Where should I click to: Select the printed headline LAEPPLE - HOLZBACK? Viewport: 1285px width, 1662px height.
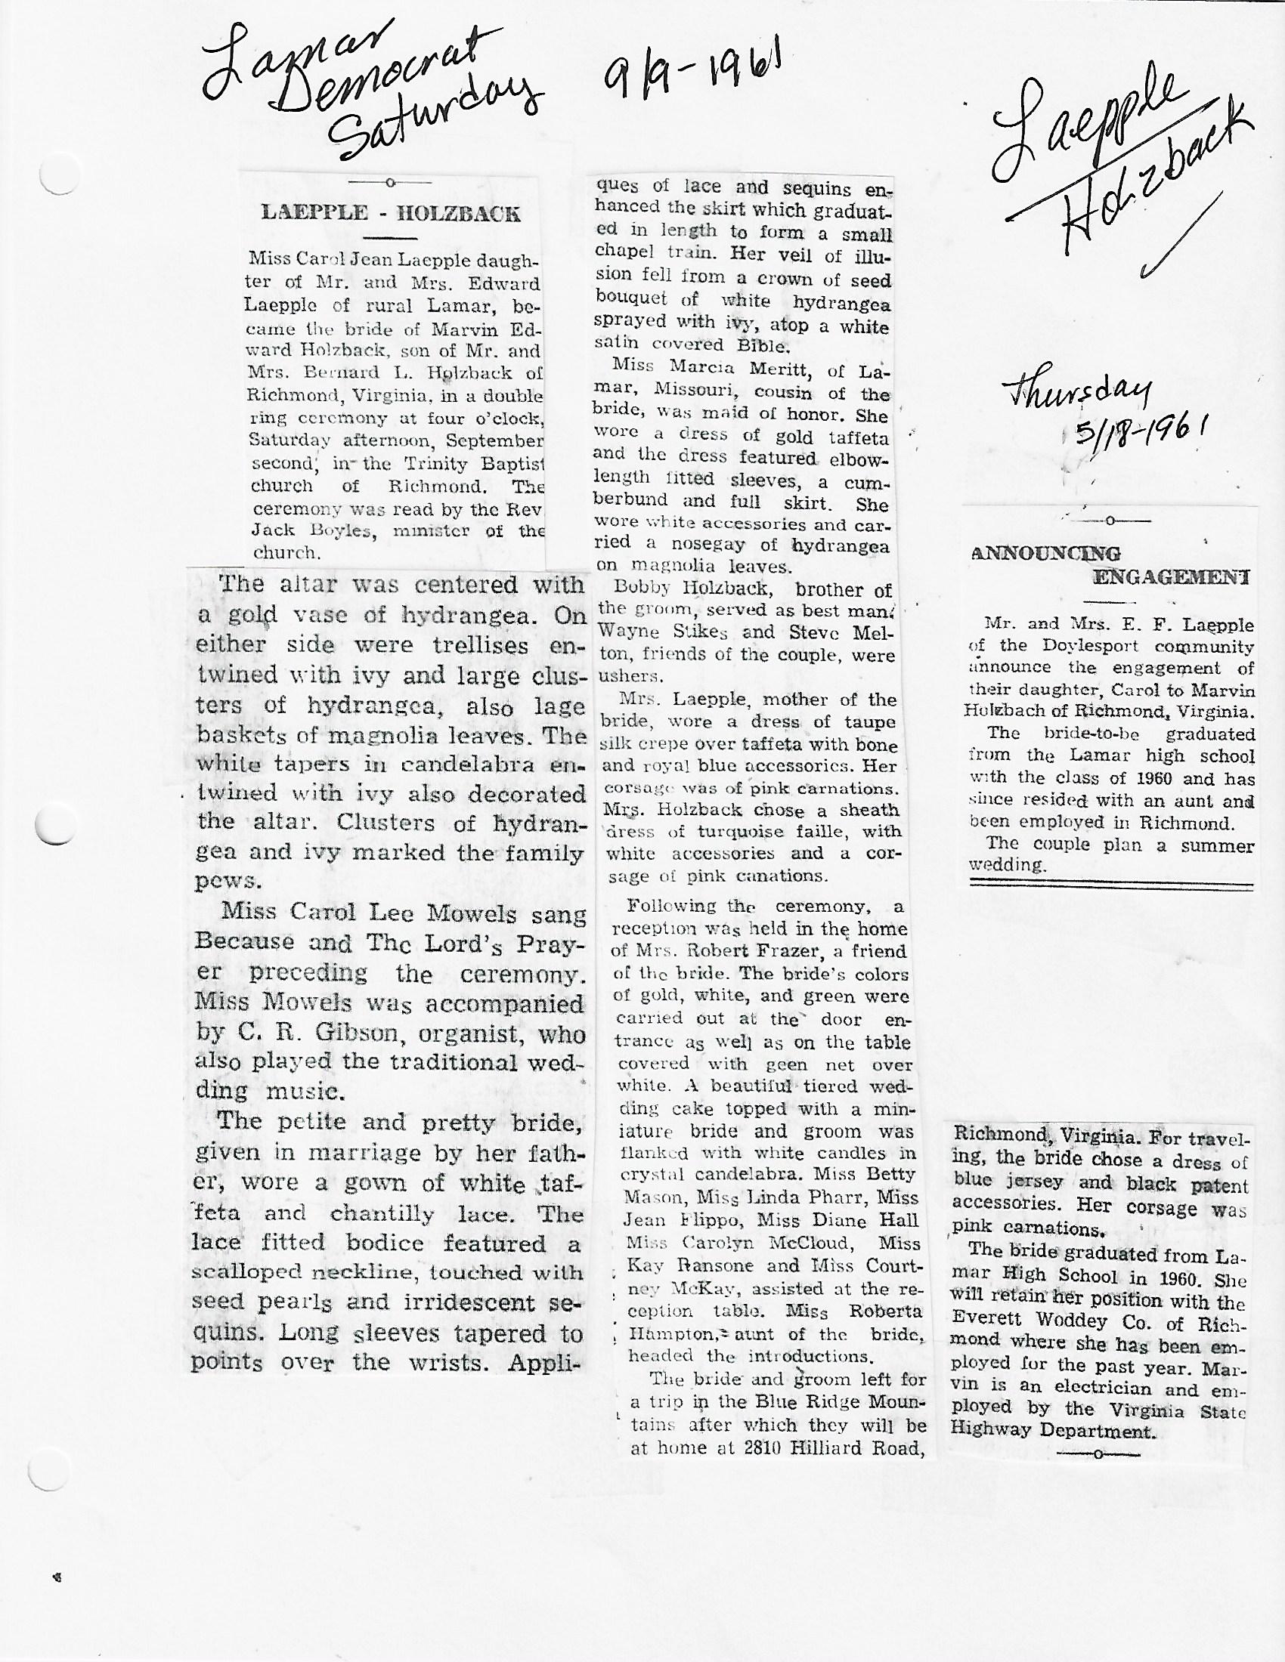click(391, 212)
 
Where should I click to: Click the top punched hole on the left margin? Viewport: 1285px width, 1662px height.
click(57, 178)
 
